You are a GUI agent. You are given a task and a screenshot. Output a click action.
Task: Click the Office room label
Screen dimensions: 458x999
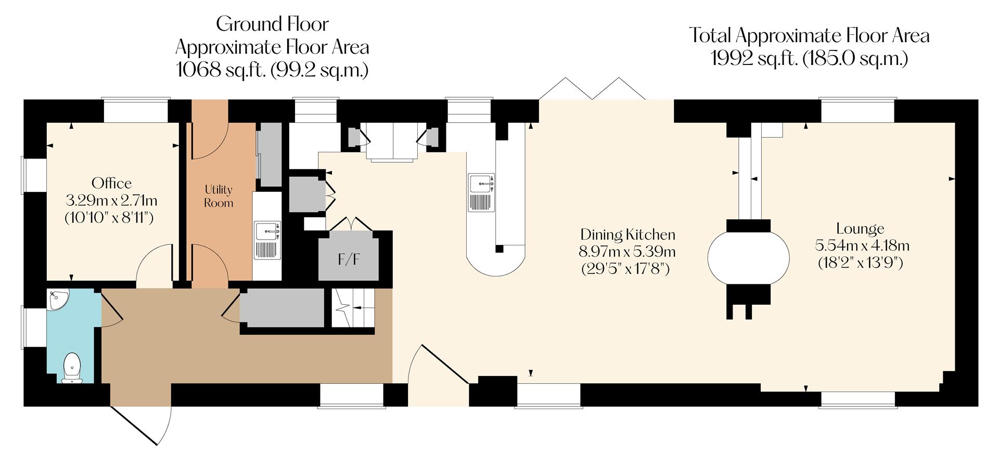tap(111, 183)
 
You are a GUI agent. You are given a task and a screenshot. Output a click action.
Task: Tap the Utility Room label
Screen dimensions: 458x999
tap(218, 196)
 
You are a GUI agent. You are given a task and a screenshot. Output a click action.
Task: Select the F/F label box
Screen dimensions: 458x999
tap(348, 259)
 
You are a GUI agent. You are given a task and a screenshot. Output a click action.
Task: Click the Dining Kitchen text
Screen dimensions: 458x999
tap(627, 234)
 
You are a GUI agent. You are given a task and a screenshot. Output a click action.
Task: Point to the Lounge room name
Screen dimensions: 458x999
tap(860, 228)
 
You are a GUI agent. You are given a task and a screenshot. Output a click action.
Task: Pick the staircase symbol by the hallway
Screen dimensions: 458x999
tap(353, 308)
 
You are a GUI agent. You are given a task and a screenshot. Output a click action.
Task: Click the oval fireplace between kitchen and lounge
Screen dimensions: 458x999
tap(748, 257)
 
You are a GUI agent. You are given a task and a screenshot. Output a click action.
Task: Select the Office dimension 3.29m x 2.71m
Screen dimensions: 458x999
tap(111, 200)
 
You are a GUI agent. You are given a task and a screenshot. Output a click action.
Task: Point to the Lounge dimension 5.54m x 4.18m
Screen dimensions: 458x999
tap(860, 245)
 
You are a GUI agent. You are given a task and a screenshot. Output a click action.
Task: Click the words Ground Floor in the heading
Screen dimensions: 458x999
tap(272, 24)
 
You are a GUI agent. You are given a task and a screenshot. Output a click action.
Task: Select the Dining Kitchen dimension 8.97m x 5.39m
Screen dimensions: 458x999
tap(627, 252)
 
